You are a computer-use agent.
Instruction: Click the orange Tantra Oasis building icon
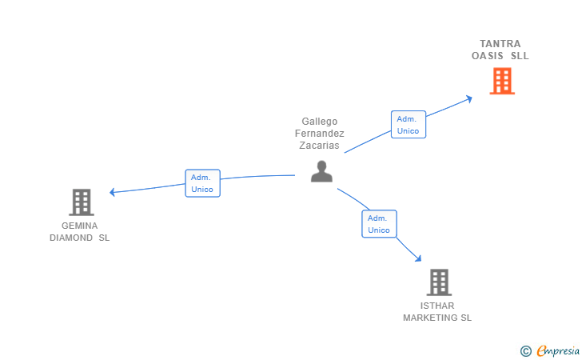pos(501,81)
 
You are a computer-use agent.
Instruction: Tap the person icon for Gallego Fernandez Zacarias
pos(321,171)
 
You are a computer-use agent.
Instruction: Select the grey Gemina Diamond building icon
pos(81,202)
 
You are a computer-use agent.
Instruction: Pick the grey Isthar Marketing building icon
pos(438,282)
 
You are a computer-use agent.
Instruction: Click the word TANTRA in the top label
pos(500,44)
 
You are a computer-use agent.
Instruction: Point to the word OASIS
pos(488,56)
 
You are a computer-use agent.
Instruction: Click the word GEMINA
pos(79,226)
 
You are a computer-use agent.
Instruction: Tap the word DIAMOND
pos(71,238)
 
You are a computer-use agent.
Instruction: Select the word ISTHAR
pos(437,306)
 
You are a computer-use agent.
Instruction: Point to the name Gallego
pos(320,122)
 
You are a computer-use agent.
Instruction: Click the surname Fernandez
pos(320,134)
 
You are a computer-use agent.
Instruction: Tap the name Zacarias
pos(320,146)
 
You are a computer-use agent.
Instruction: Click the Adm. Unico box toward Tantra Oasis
pos(408,125)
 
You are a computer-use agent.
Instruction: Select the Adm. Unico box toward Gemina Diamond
pos(201,183)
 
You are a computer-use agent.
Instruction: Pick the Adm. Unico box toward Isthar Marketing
pos(379,224)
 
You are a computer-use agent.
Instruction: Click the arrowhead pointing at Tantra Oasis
pos(470,98)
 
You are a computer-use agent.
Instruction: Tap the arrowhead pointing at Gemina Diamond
pos(113,192)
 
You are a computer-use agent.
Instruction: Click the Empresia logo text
pos(557,350)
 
